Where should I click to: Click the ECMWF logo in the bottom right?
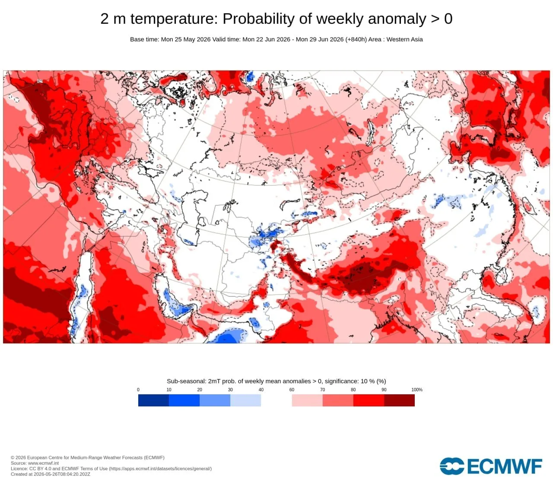tap(491, 466)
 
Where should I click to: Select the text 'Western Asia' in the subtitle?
tap(404, 39)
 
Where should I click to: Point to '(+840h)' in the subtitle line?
tap(356, 39)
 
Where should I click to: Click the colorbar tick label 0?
tap(138, 390)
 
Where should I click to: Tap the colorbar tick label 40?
tap(261, 390)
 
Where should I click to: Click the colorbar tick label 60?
tap(292, 390)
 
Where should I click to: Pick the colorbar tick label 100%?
tap(417, 390)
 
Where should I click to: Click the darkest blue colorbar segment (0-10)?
tap(153, 400)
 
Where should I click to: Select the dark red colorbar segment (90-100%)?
tap(400, 400)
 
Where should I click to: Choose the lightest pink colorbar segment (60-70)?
tap(307, 400)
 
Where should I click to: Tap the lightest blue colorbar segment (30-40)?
tap(246, 400)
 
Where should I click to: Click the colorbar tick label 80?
tap(353, 390)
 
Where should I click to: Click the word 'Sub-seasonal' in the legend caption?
tap(186, 381)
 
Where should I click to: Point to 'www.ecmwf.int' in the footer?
tap(43, 463)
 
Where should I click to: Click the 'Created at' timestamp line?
tap(51, 474)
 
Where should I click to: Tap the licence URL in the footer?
tap(160, 469)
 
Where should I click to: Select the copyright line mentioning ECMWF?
tap(88, 458)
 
